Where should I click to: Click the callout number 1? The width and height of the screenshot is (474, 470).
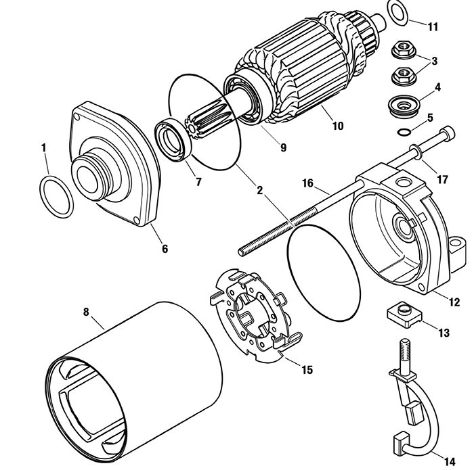(44, 147)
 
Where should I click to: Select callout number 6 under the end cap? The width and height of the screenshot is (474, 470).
(164, 248)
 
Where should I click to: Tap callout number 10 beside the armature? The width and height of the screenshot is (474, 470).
(337, 126)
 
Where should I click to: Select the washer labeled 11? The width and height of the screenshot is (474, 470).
(397, 11)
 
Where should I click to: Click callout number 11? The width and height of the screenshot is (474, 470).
(433, 27)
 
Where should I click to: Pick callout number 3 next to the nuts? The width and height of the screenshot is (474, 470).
(434, 61)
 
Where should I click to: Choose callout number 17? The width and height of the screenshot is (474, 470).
(442, 180)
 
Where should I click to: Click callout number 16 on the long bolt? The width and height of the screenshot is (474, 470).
(307, 183)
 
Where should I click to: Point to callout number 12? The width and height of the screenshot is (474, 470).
(454, 302)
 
